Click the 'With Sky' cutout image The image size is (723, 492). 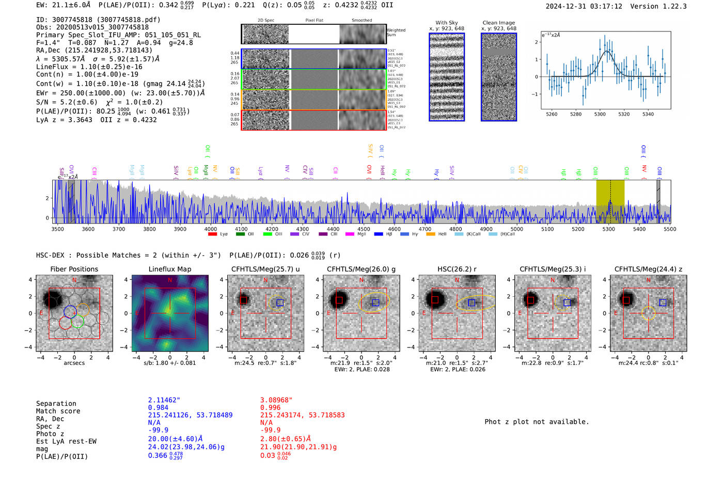click(447, 77)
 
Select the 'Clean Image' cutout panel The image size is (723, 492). click(498, 77)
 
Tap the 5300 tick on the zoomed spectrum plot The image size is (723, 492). click(600, 114)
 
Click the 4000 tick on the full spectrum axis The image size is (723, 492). click(211, 229)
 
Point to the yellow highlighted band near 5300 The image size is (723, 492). click(610, 199)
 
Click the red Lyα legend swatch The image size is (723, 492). click(212, 234)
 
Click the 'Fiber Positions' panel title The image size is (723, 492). click(74, 269)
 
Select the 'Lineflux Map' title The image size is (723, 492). click(170, 269)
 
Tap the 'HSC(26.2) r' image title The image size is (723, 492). click(457, 269)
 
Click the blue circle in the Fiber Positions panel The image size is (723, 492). click(70, 311)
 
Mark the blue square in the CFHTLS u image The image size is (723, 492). click(280, 303)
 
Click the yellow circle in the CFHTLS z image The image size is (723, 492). click(649, 313)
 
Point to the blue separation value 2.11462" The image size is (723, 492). click(164, 400)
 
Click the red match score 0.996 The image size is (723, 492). click(270, 408)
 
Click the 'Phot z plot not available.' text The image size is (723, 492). click(537, 422)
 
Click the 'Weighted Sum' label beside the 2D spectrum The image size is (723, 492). click(396, 33)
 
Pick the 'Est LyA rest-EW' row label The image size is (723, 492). click(66, 441)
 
